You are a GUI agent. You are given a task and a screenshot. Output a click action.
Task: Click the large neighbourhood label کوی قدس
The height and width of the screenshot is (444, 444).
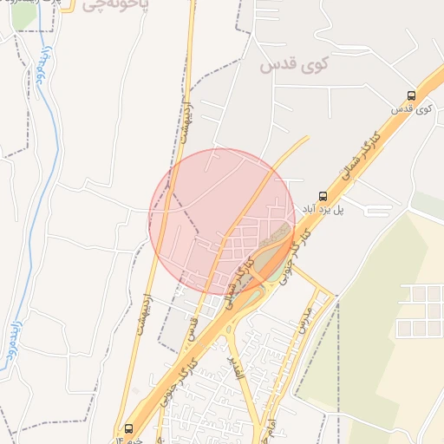point(295,64)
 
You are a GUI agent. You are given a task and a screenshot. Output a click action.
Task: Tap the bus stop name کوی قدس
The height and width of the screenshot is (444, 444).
point(412,110)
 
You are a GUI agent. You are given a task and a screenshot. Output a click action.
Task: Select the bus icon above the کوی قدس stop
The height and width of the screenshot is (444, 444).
point(411,95)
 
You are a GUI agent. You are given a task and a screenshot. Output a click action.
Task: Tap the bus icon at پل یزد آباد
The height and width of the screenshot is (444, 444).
point(323,196)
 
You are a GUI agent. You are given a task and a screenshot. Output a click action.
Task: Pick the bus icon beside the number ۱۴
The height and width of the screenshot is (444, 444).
point(129,428)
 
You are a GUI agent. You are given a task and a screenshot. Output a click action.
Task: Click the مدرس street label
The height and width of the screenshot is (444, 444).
point(302,319)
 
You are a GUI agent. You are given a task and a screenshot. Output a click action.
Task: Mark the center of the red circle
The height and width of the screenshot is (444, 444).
point(222,222)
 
